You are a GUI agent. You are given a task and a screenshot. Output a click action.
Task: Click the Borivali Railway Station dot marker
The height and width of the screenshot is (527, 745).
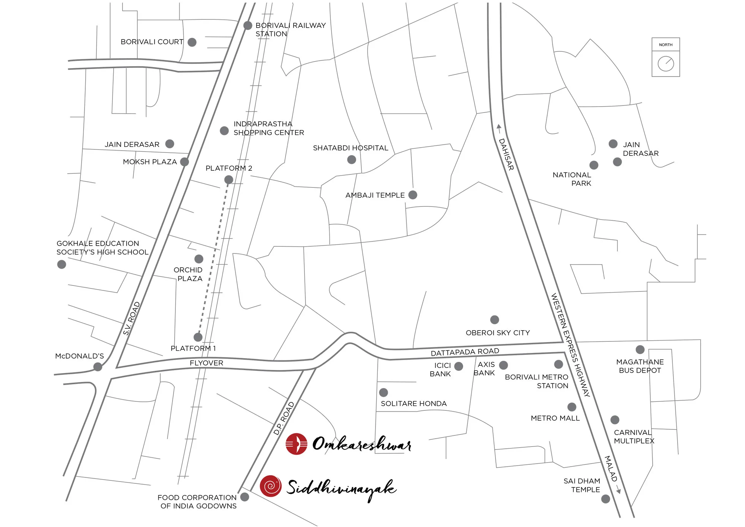point(248,25)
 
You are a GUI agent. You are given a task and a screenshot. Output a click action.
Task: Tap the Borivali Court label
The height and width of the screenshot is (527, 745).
point(152,42)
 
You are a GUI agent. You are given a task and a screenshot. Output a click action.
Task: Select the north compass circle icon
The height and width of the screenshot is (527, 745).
point(666,64)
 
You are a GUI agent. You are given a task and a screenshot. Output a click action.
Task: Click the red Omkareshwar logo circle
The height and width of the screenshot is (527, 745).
point(297,444)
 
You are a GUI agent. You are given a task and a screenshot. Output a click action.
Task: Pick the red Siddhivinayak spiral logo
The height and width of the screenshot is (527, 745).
point(271,486)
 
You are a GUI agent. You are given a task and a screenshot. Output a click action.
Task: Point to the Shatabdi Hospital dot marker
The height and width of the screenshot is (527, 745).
point(351,160)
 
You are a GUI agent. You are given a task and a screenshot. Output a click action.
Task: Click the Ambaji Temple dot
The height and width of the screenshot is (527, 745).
point(413,195)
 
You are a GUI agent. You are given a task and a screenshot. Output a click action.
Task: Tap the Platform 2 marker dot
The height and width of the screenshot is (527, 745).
point(229,180)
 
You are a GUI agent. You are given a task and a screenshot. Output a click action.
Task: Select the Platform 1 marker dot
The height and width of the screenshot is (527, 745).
point(198,337)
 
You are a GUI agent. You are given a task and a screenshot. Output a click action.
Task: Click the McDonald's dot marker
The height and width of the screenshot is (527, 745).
point(98,367)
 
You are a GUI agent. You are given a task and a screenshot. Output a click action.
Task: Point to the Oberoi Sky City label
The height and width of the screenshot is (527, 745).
point(498,332)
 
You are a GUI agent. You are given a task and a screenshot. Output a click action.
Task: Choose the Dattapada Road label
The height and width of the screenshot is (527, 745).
point(465,352)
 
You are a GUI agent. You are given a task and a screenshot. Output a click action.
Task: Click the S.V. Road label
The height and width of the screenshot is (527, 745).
point(131,318)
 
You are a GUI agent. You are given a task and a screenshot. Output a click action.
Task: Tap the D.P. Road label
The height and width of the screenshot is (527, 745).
point(284,418)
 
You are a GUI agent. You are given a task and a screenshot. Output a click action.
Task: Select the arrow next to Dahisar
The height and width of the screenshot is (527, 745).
point(499,128)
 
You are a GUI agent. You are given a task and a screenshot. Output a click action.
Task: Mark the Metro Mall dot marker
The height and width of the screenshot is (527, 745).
point(571,407)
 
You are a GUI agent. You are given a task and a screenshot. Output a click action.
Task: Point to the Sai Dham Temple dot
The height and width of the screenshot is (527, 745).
point(606,499)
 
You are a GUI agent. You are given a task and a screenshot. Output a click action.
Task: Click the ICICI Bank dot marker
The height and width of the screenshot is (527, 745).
point(459,366)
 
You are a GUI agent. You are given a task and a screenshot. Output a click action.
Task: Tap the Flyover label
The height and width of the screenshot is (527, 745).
point(206,363)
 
